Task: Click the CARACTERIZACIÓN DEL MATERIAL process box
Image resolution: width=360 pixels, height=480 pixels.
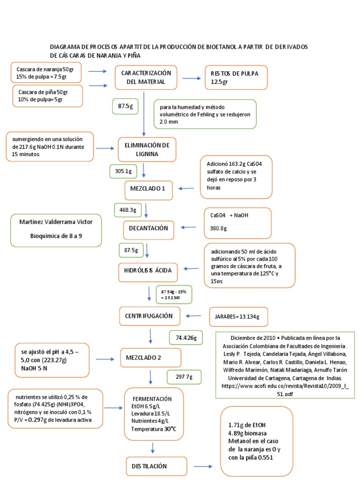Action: pos(146,77)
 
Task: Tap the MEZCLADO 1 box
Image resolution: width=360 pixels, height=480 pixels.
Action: pos(148,189)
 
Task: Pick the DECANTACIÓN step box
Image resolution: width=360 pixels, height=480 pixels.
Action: pos(149,228)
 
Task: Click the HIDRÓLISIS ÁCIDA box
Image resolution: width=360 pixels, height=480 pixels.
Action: pos(148,270)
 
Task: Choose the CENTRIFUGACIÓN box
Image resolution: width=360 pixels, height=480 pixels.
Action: pos(149,316)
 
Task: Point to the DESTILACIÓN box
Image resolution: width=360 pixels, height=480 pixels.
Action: pos(153,466)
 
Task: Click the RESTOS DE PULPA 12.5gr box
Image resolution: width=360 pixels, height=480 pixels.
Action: pos(238,77)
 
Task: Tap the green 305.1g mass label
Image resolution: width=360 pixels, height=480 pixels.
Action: pos(123,172)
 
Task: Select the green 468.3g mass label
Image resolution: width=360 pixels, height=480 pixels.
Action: pos(127,210)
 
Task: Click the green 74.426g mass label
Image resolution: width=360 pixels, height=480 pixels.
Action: pos(186,337)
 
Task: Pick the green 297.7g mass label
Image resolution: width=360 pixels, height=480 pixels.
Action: pos(184,377)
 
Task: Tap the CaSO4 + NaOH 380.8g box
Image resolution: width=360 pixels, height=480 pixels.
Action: pos(237,222)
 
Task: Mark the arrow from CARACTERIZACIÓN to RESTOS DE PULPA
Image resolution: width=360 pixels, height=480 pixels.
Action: pos(191,78)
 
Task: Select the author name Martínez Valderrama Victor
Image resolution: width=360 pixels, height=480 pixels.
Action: pos(56,221)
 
